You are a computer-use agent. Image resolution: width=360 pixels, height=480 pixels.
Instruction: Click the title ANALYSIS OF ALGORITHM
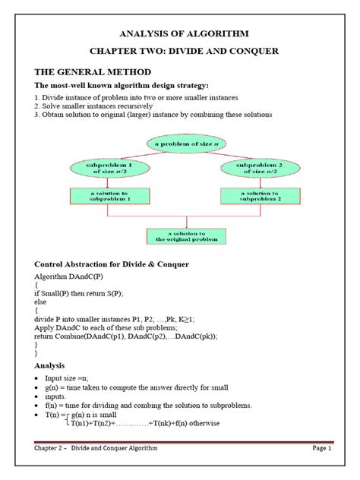(181, 34)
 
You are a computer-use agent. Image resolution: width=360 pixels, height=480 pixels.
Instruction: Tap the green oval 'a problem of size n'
(180, 142)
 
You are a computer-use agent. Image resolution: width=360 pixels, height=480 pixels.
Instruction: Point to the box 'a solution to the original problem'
(180, 236)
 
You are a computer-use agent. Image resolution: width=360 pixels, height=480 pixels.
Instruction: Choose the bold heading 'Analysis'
(54, 365)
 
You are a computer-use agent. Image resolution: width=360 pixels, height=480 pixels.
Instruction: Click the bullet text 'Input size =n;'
(75, 377)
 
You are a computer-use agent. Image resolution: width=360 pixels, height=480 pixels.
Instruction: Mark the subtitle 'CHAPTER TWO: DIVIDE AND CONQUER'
(181, 51)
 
